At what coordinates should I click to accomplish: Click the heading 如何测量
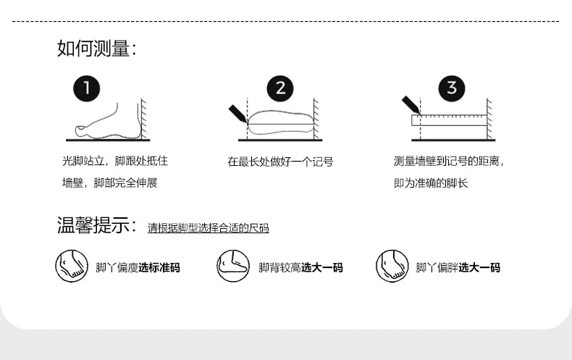pos(96,49)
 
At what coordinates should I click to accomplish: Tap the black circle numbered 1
pos(87,89)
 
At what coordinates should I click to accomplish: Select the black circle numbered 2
pos(280,89)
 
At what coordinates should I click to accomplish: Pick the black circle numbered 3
pos(452,89)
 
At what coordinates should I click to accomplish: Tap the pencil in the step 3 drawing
pos(409,106)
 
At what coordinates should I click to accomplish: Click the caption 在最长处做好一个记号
pos(280,162)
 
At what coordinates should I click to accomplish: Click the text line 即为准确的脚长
pos(431,183)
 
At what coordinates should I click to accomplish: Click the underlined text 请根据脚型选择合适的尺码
pos(209,228)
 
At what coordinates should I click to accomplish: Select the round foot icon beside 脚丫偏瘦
pos(72,267)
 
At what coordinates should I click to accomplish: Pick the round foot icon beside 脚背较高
pos(233,267)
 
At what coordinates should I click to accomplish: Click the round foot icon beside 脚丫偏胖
pos(392,267)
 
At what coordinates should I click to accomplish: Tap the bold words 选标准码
pos(159,268)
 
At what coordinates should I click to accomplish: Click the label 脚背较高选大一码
pos(300,268)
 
